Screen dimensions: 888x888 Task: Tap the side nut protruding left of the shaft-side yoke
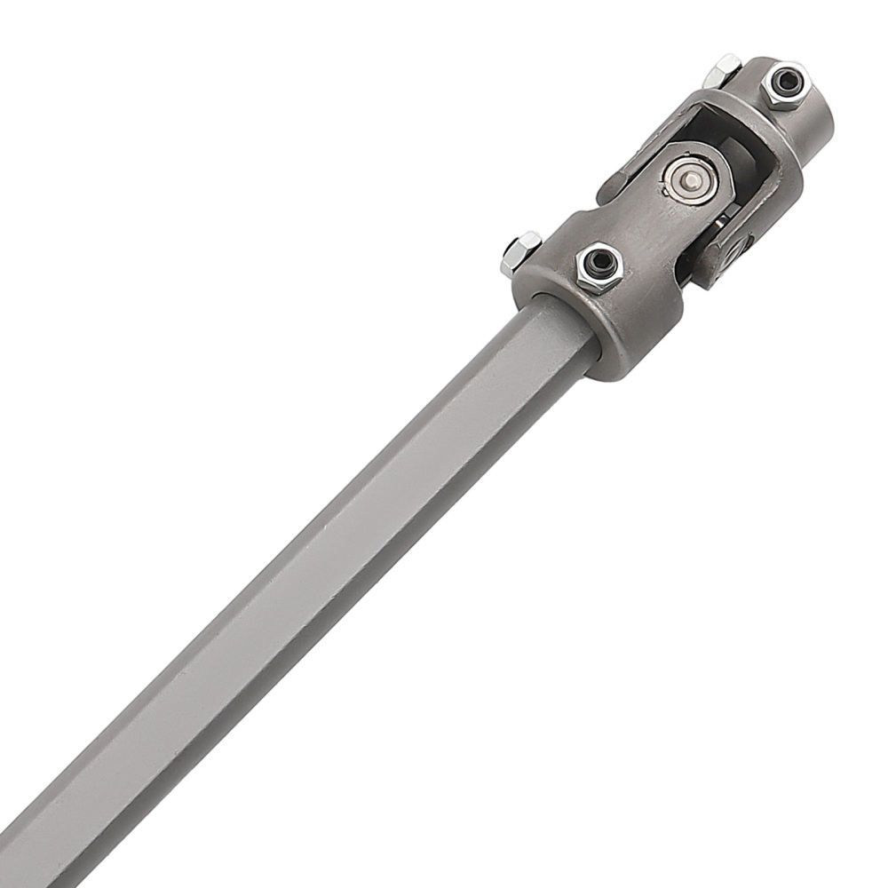(519, 251)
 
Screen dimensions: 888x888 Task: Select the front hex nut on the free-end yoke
(785, 83)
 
